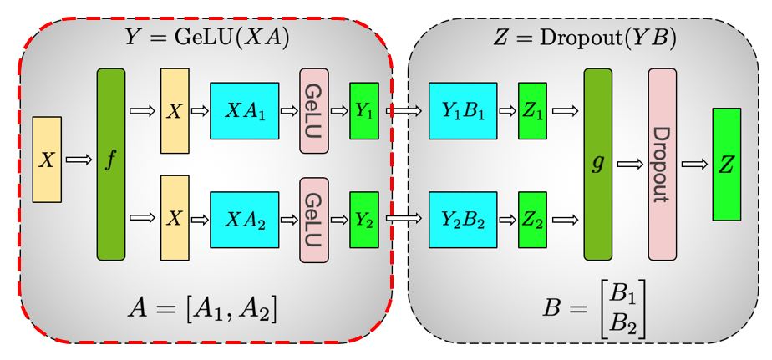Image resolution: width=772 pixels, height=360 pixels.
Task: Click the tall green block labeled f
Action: [x=111, y=165]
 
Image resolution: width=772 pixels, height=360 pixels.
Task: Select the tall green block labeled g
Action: [x=597, y=165]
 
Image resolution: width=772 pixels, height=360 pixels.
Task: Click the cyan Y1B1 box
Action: [x=462, y=111]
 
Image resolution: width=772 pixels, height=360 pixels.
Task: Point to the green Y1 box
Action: [x=364, y=111]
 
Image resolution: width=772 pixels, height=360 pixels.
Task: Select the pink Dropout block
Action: [x=662, y=165]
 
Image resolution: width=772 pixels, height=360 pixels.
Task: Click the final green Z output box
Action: [x=727, y=165]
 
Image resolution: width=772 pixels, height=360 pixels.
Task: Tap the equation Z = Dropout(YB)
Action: [x=584, y=38]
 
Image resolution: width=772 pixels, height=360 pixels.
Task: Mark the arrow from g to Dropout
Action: [x=629, y=165]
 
